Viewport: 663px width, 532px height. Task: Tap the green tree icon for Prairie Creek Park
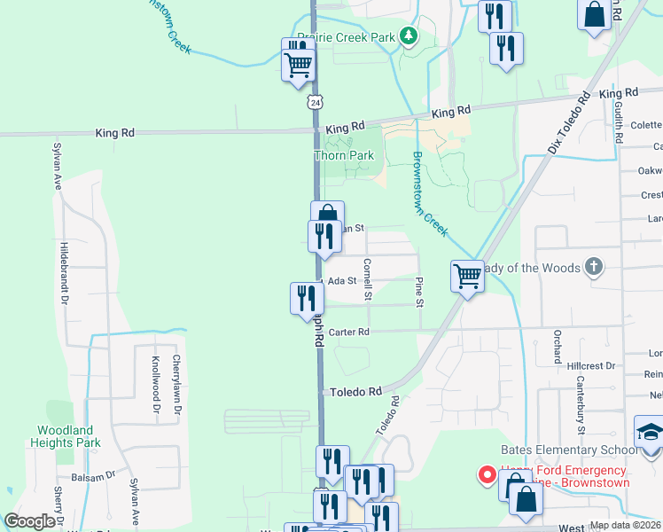point(409,36)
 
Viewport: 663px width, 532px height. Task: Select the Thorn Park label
point(344,155)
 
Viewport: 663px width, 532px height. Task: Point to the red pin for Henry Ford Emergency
point(487,474)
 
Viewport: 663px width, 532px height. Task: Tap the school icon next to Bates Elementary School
point(649,433)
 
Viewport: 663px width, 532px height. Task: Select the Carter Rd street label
point(347,332)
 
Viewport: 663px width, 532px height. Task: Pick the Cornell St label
point(367,278)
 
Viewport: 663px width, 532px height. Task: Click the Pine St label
point(420,290)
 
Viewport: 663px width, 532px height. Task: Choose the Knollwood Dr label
point(155,386)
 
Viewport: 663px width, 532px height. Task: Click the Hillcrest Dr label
point(591,365)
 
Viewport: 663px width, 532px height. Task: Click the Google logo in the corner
point(29,521)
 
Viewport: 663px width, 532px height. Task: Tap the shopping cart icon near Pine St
point(467,275)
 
